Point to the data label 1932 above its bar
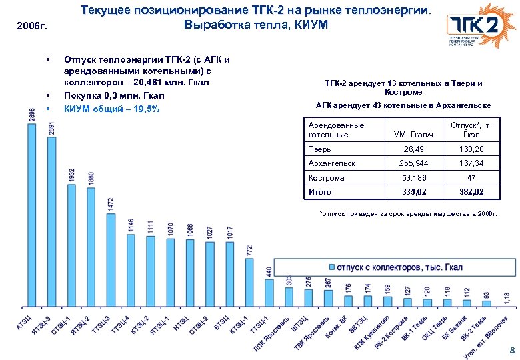point(71,175)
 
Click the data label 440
point(269,273)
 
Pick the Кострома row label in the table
point(326,178)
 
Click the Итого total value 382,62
point(471,193)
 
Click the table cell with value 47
point(471,178)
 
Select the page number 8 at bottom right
point(511,351)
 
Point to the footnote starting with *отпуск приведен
point(408,214)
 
